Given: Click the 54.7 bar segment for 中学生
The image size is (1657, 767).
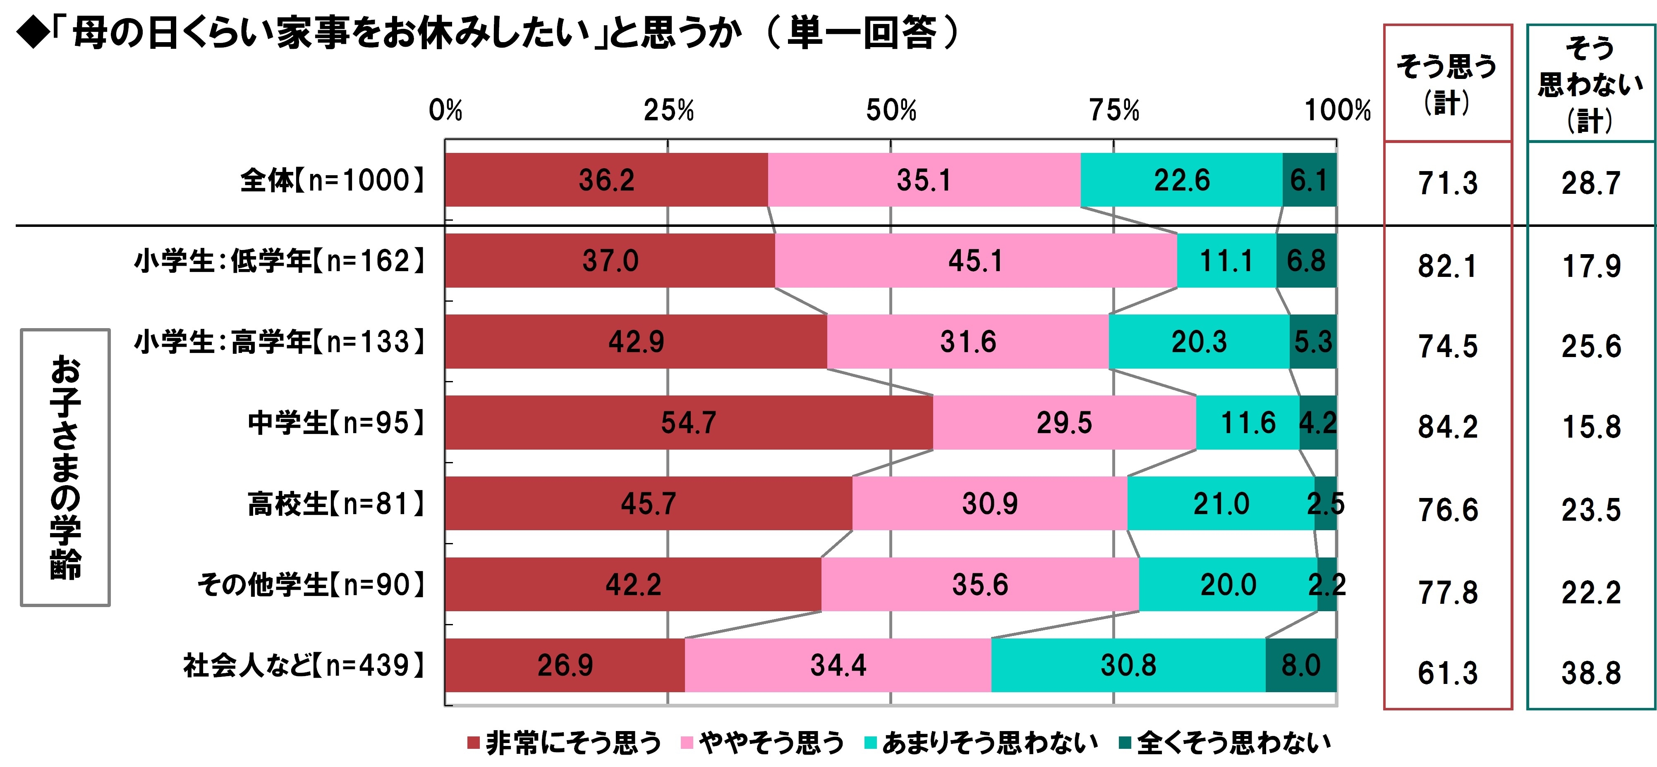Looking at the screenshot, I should pyautogui.click(x=688, y=422).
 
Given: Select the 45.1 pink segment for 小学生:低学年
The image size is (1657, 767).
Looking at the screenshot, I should pyautogui.click(x=975, y=260).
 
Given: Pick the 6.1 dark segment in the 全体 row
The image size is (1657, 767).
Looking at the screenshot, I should pyautogui.click(x=1309, y=180).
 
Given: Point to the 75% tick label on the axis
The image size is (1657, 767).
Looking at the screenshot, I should pyautogui.click(x=1114, y=111).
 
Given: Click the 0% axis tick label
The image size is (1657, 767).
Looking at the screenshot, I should pyautogui.click(x=445, y=111).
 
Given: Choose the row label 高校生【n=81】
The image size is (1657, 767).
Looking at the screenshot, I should pyautogui.click(x=336, y=503).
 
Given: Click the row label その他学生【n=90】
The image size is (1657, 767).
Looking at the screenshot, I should pyautogui.click(x=311, y=584).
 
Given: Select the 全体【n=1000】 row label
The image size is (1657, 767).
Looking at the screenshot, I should pyautogui.click(x=332, y=180).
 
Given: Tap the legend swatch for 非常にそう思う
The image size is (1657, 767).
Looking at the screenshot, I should pyautogui.click(x=474, y=743).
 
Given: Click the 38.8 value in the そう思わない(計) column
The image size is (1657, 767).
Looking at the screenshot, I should pyautogui.click(x=1591, y=673).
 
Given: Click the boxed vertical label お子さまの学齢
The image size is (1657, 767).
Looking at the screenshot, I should pyautogui.click(x=66, y=467).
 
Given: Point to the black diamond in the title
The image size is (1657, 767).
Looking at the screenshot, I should pyautogui.click(x=32, y=33).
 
